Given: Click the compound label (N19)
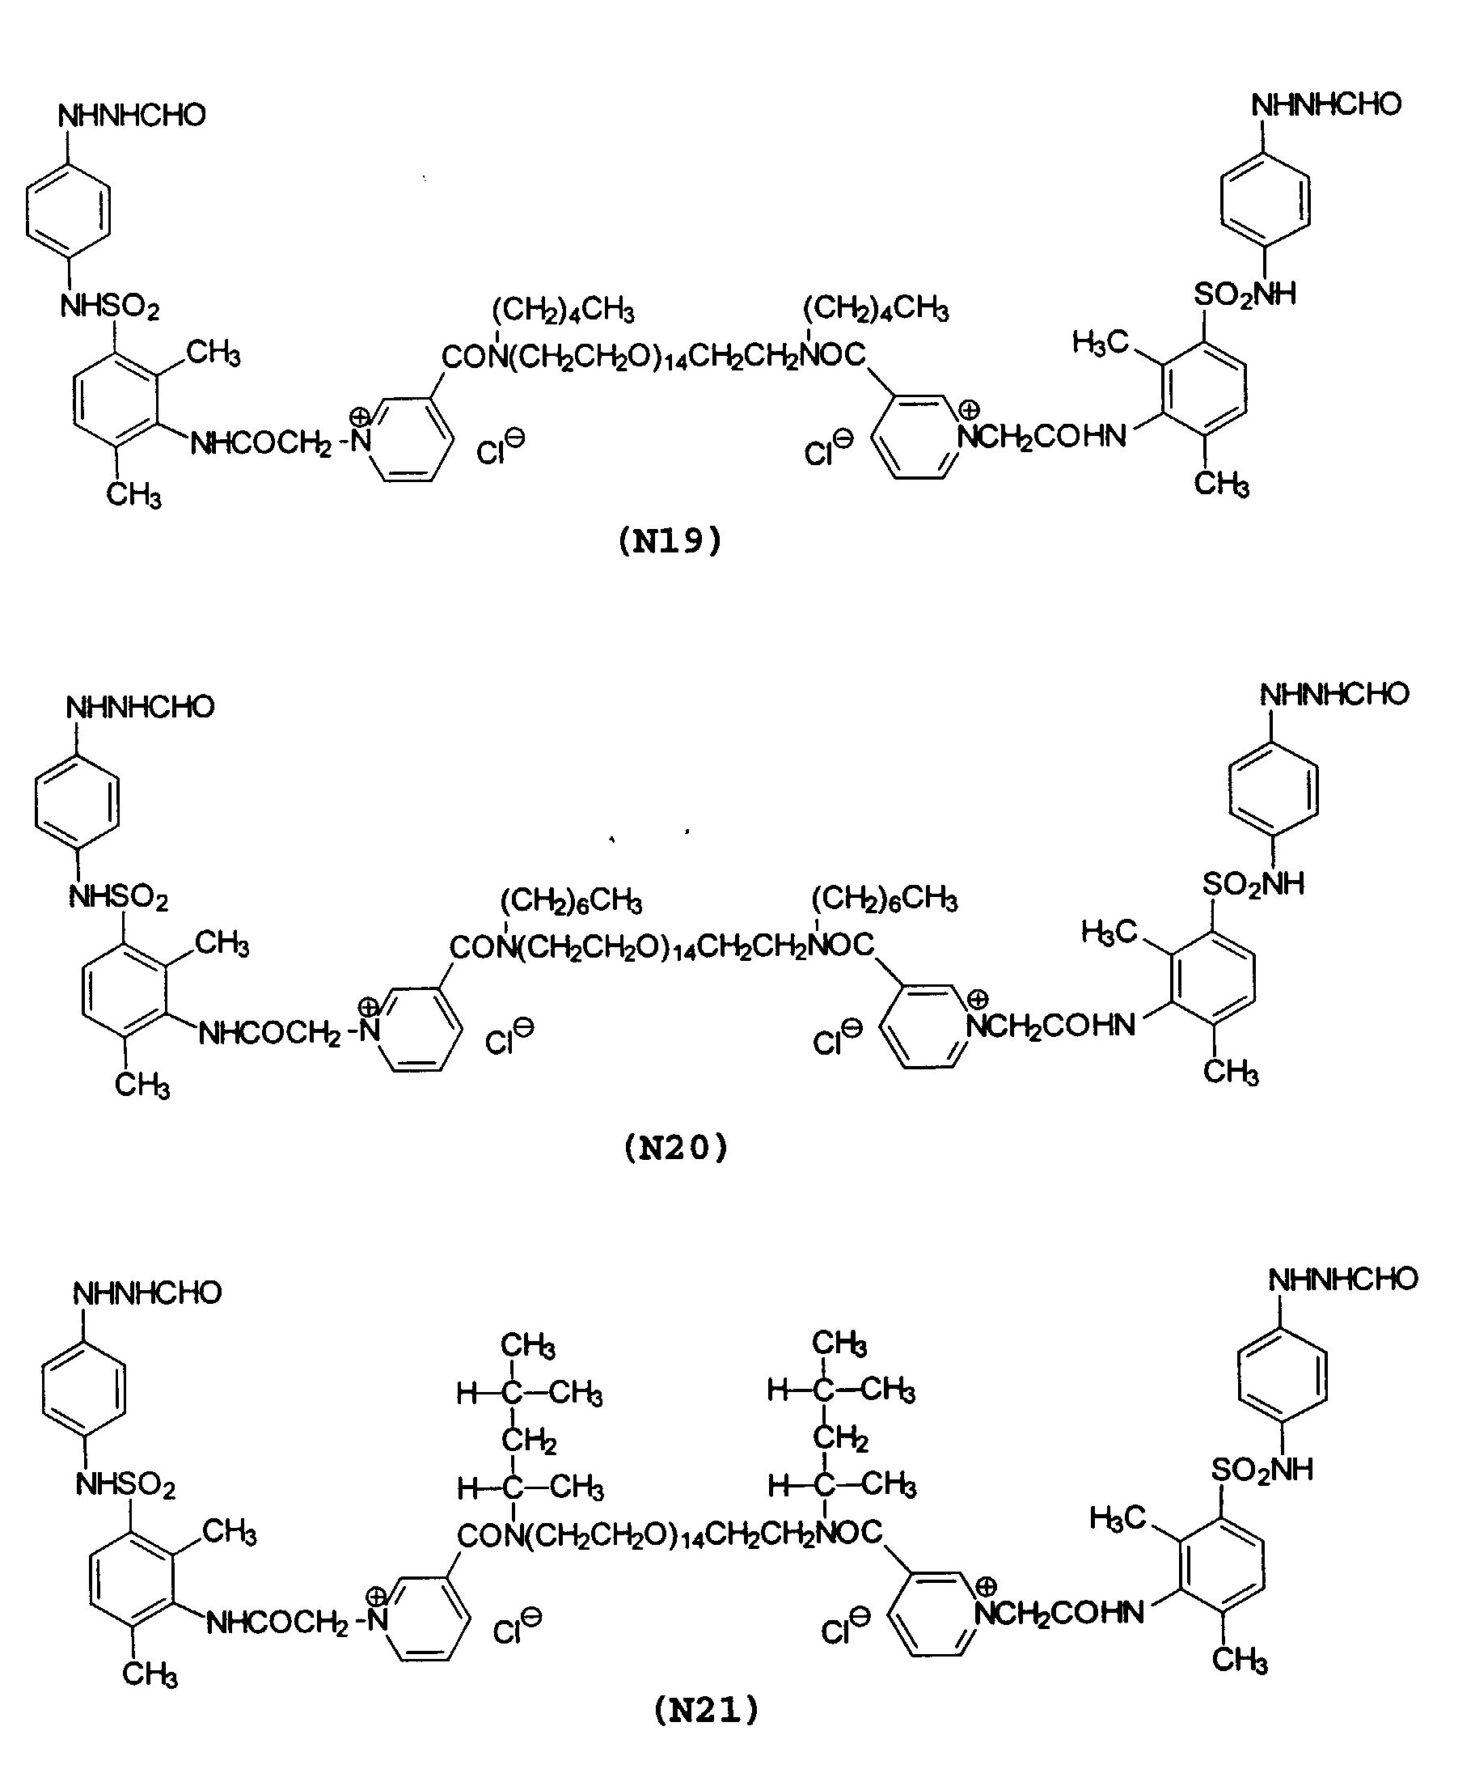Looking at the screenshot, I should point(670,540).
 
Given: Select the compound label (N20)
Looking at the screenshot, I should point(675,1148).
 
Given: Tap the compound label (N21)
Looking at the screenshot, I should point(706,1710).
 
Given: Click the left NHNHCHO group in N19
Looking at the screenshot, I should point(132,115).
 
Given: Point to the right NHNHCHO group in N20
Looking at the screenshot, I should point(1334,694).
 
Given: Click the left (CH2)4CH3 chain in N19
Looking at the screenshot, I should point(563,311).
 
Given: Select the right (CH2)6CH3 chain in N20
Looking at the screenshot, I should point(884,900).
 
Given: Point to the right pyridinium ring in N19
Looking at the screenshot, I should point(918,438).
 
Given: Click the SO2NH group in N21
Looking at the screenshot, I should point(1262,1470).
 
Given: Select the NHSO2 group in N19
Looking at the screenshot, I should point(110,307).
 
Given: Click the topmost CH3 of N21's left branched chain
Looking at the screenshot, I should point(528,1345).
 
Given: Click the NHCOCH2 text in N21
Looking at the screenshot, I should point(276,1622).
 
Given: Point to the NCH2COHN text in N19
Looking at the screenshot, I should point(1042,436).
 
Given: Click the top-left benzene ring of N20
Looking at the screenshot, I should point(77,802).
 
